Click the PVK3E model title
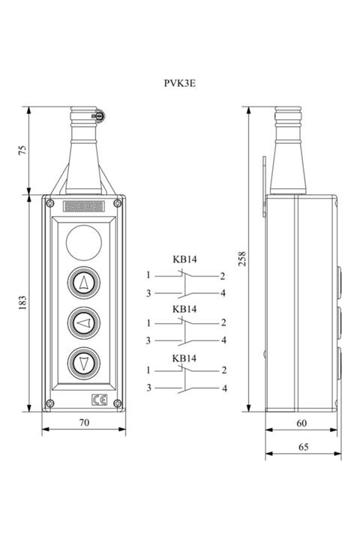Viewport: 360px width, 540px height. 179,83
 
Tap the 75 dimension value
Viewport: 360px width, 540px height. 22,150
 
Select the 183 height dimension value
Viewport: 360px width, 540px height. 22,303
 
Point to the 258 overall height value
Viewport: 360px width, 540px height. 242,259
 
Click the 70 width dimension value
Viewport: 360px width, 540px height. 85,422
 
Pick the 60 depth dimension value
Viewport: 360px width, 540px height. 301,423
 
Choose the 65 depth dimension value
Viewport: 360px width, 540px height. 303,447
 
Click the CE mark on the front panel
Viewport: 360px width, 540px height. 100,400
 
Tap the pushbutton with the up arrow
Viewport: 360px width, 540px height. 84,283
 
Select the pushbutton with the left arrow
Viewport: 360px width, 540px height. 84,323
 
